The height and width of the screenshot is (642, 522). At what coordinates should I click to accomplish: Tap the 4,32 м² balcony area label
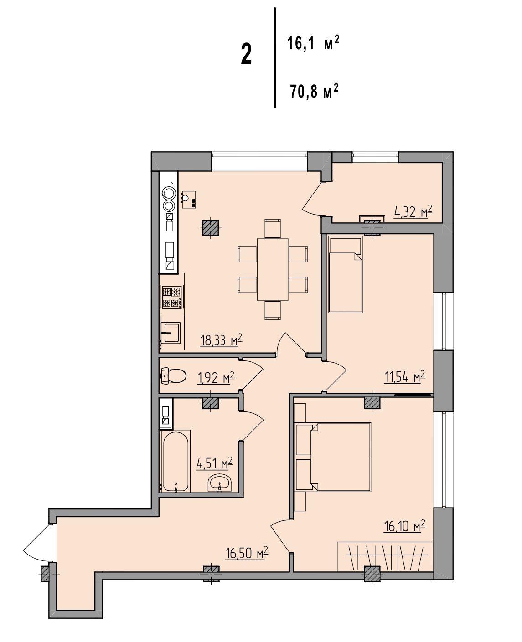point(413,211)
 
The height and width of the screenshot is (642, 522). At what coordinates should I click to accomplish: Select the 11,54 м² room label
point(404,377)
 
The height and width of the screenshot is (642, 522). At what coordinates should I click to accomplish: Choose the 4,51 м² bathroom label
point(214,463)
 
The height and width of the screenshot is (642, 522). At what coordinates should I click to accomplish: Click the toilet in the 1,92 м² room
point(173,376)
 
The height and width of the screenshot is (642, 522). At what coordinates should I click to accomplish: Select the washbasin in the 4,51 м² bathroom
point(219,483)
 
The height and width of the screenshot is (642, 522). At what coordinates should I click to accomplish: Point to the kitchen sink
point(171,333)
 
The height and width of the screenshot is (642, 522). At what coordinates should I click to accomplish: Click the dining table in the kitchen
point(272,269)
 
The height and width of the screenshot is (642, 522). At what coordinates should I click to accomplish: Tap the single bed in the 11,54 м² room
point(345,275)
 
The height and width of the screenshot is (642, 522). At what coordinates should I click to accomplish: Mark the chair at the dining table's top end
point(273,228)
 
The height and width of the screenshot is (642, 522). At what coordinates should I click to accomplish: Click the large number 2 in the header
point(246,54)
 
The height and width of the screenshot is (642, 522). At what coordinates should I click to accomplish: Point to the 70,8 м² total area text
point(314,91)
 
